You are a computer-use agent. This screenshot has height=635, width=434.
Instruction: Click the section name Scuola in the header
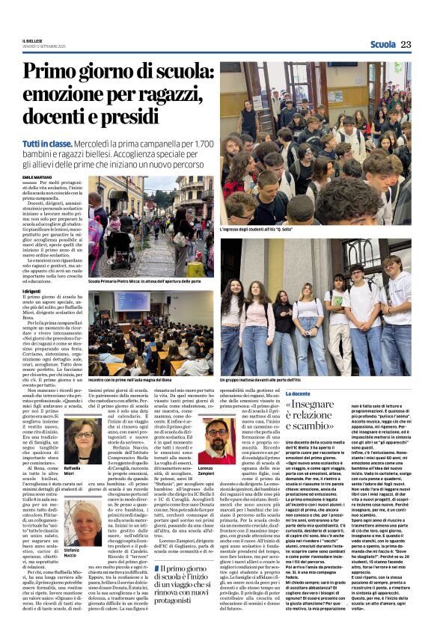[382, 44]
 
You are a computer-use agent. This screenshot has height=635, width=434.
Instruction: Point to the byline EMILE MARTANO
[37, 177]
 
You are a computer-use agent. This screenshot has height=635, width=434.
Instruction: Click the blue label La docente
[297, 394]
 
